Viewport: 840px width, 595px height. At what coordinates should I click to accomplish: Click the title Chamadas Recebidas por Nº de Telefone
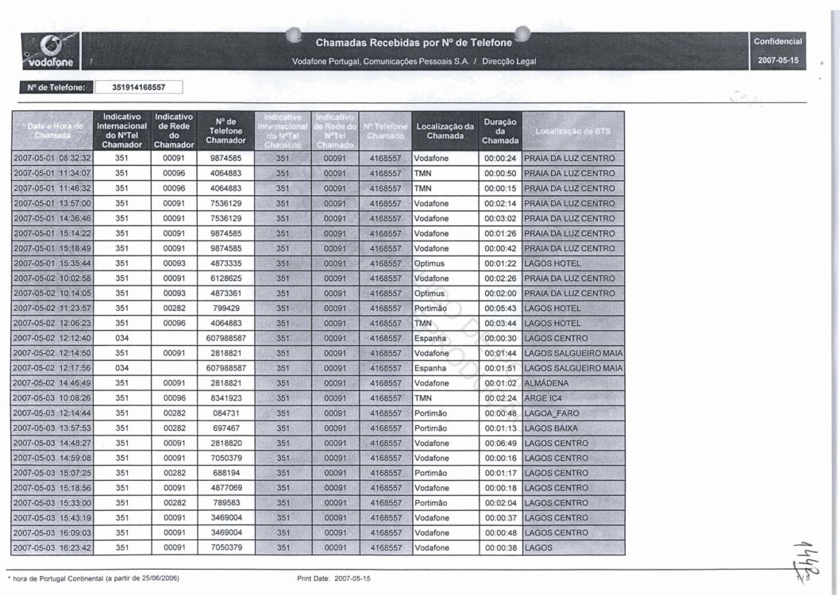pos(414,42)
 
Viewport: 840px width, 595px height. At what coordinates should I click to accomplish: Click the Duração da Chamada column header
pos(500,132)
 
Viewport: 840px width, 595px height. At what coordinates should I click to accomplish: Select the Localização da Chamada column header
pos(445,131)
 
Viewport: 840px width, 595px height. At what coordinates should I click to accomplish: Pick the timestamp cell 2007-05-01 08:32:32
pos(53,158)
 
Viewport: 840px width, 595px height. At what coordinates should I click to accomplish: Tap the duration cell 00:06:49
pos(500,443)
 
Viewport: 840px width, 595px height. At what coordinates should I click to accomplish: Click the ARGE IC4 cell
pos(542,398)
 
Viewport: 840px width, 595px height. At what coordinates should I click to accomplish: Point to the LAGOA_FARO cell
pos(552,413)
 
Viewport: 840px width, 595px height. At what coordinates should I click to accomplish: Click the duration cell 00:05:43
pos(500,309)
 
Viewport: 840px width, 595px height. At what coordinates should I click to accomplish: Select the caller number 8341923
pos(226,398)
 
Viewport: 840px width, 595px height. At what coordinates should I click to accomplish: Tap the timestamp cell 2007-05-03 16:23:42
pos(53,548)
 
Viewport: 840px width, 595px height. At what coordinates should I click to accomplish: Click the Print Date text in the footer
pos(333,578)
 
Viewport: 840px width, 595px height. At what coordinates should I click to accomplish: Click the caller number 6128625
pos(226,278)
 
